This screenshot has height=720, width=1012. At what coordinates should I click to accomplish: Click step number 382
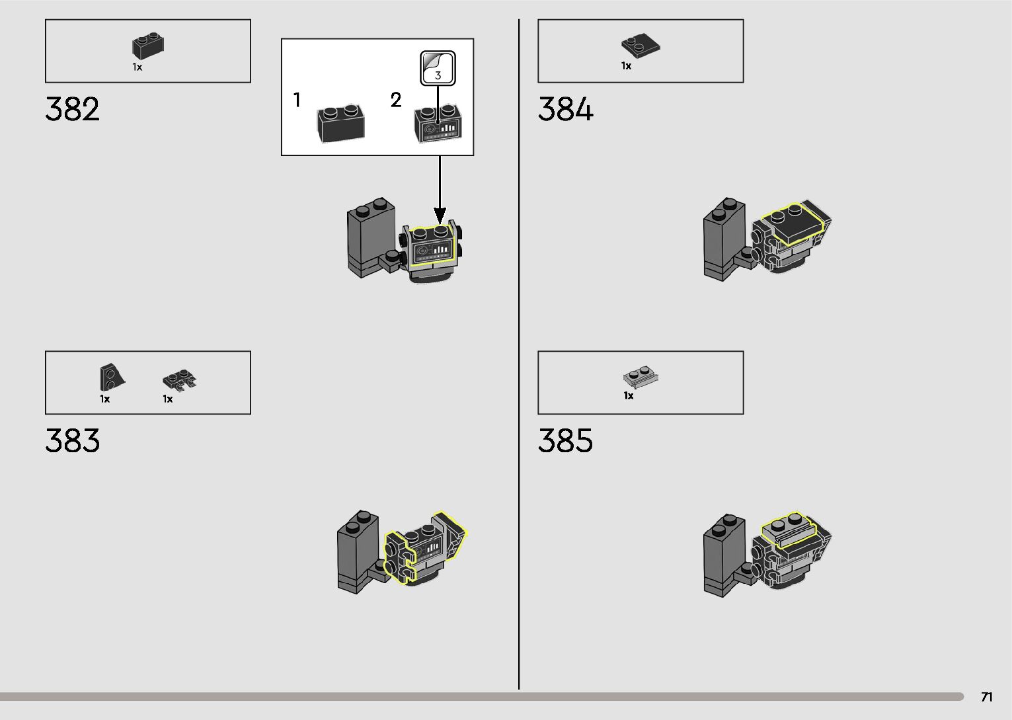[x=73, y=109]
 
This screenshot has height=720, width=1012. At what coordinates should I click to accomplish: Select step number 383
[x=73, y=441]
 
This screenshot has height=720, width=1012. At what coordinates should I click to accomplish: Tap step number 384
[x=566, y=109]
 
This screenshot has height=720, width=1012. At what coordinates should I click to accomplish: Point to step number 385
[x=566, y=441]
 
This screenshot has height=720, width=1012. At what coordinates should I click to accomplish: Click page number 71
[x=986, y=697]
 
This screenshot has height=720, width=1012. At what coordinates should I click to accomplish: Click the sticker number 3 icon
[x=438, y=68]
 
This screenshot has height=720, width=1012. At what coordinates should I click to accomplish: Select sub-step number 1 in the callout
[x=297, y=100]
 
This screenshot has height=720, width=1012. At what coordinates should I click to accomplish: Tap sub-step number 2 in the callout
[x=396, y=100]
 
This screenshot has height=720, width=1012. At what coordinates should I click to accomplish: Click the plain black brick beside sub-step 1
[x=341, y=123]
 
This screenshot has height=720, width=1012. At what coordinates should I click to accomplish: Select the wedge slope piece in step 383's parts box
[x=111, y=377]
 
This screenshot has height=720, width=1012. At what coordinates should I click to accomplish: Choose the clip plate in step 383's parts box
[x=180, y=380]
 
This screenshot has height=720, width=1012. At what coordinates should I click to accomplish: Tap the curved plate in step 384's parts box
[x=641, y=45]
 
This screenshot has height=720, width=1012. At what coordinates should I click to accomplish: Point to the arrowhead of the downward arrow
[x=440, y=216]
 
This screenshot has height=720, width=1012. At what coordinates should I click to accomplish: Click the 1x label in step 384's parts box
[x=626, y=66]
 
